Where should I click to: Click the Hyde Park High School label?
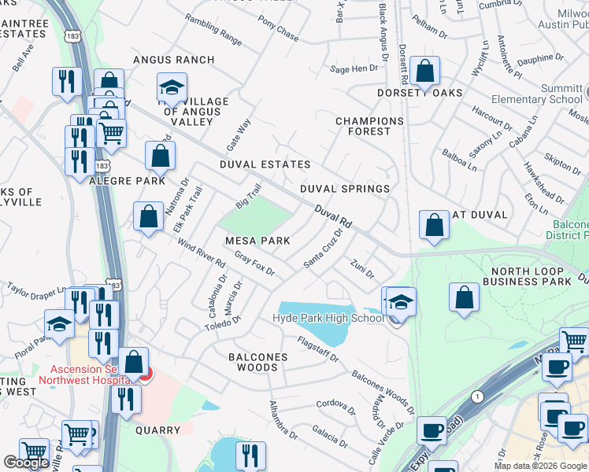click(x=328, y=318)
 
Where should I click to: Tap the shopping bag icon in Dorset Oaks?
click(x=425, y=72)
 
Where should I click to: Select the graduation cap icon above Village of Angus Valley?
click(x=171, y=87)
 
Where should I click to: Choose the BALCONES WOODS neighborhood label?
click(x=257, y=357)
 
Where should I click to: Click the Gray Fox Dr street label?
click(x=254, y=264)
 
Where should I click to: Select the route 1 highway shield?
click(x=477, y=396)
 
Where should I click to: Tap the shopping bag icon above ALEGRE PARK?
click(x=161, y=157)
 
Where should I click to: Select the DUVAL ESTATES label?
click(x=265, y=164)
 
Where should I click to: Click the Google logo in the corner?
click(x=27, y=463)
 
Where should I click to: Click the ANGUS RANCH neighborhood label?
click(x=173, y=60)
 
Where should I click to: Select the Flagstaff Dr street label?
click(x=317, y=349)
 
